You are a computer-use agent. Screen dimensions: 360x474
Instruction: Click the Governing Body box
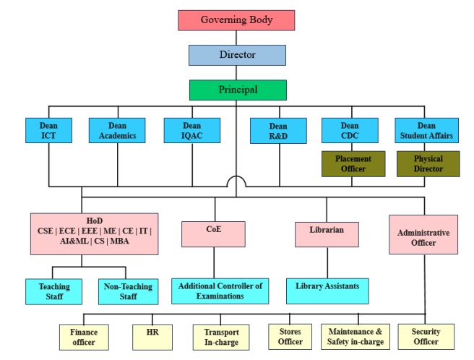pos(236,20)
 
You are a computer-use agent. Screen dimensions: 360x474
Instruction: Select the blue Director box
pos(237,56)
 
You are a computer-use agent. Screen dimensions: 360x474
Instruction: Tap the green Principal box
pos(237,90)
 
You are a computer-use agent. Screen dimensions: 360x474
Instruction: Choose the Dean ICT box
pos(49,130)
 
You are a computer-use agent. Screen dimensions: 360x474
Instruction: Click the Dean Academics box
pos(117,130)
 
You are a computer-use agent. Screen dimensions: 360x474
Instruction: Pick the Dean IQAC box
pos(191,130)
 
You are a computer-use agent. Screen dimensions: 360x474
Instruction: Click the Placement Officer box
pos(350,164)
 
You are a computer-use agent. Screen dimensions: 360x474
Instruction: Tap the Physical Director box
pos(428,164)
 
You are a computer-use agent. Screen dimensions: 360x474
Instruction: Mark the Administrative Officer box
pos(423,234)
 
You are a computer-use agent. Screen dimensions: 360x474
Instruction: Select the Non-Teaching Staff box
pos(127,291)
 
